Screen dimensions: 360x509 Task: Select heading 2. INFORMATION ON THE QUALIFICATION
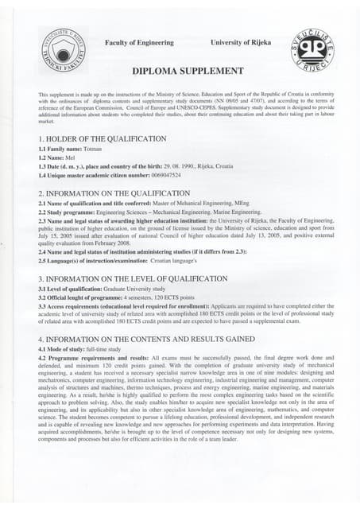pos(113,193)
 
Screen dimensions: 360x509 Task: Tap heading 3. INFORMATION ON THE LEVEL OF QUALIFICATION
pos(133,279)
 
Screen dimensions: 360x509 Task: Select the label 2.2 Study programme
pos(66,213)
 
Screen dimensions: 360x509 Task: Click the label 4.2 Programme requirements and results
pos(86,358)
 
